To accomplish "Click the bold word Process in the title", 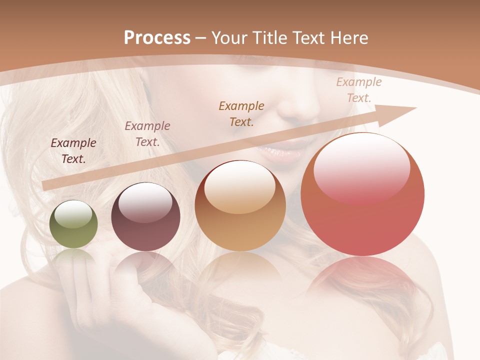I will point(157,38).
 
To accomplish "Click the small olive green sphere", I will point(74,224).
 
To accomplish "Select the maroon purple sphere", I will point(145,217).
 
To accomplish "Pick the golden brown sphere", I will point(240,205).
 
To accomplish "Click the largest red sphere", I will point(362,194).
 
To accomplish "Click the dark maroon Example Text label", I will point(73,151).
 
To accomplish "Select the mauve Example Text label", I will point(147,134).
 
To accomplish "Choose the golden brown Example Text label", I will point(241,113).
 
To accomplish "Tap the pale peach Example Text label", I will point(359,90).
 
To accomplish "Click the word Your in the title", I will point(230,38).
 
